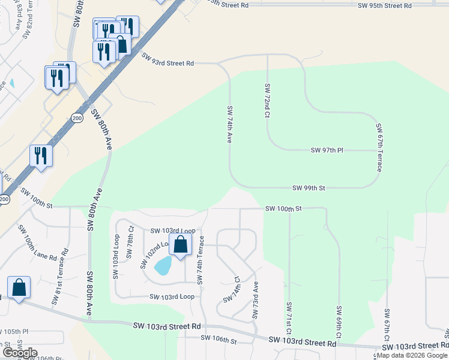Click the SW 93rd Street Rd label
pyautogui.click(x=168, y=59)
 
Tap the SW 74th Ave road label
pyautogui.click(x=229, y=124)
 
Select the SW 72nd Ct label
pyautogui.click(x=267, y=100)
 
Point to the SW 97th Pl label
pyautogui.click(x=327, y=150)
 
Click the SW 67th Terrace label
pyautogui.click(x=379, y=148)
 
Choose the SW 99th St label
pyautogui.click(x=309, y=188)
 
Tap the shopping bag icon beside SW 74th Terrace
pyautogui.click(x=180, y=245)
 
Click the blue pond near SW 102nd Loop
pyautogui.click(x=163, y=265)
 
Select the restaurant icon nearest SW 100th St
pyautogui.click(x=41, y=155)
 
